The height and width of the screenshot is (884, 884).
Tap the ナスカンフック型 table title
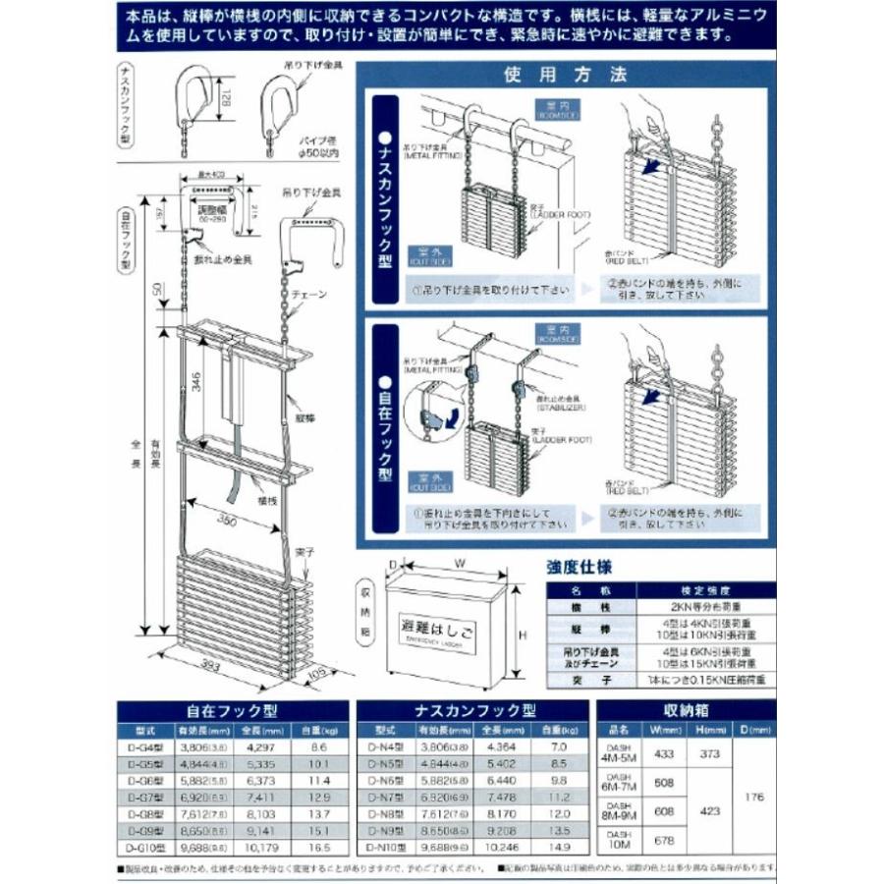point(474,710)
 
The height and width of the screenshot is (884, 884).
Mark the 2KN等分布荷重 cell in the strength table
point(700,607)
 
